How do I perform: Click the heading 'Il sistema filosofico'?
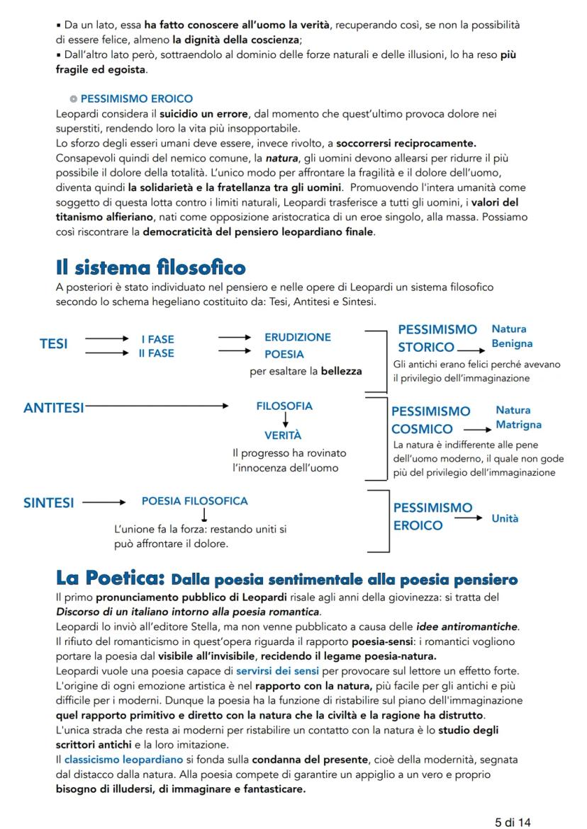(150, 268)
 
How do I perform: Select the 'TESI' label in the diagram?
(54, 344)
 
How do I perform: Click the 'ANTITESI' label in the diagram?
(53, 407)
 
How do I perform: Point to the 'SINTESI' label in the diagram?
(48, 503)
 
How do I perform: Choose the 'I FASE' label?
(157, 340)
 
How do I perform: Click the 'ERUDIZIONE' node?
(297, 338)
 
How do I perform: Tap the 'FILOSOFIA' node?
(284, 406)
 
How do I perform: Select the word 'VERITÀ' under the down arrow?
(283, 435)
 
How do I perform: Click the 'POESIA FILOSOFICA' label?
(195, 501)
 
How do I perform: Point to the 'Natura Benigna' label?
(512, 336)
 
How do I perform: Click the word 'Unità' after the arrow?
(505, 519)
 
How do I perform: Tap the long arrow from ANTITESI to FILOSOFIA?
(156, 407)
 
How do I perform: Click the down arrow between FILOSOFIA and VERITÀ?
(284, 421)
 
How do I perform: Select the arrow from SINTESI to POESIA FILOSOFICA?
(104, 503)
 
